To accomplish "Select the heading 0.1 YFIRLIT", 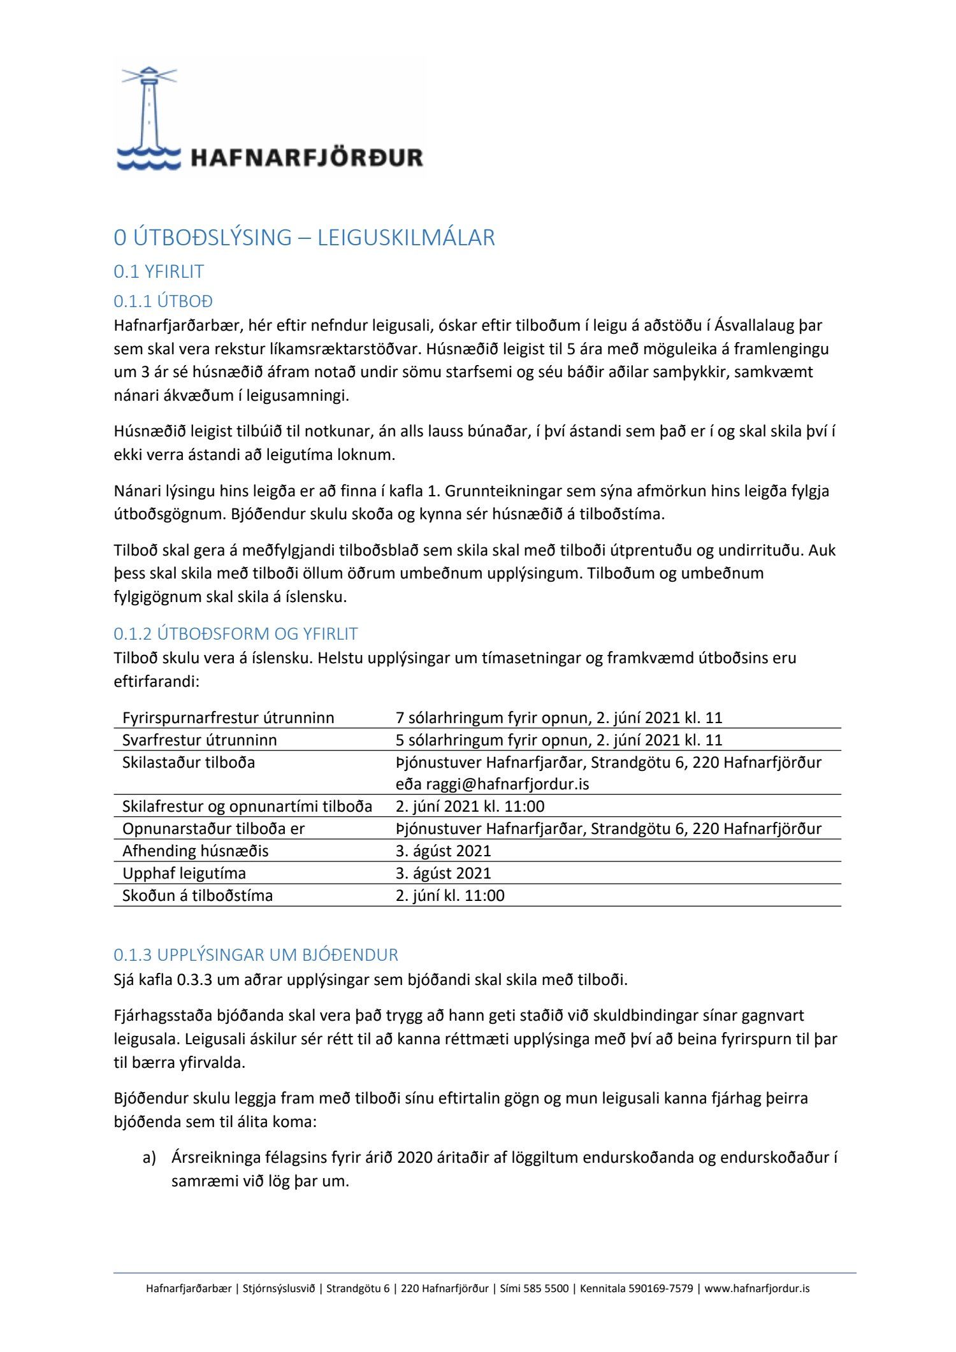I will click(159, 271).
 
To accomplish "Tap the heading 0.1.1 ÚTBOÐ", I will click(163, 301).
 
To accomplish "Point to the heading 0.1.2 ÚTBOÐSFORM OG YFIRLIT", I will click(236, 634).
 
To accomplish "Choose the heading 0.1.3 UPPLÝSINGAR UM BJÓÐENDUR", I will click(256, 955).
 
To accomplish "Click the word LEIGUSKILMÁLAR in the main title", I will click(406, 238).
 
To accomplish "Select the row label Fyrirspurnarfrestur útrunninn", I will click(228, 718).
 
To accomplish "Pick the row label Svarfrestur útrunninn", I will click(199, 740).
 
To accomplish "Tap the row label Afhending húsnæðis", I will click(196, 851).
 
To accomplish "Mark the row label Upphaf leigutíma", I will click(184, 874).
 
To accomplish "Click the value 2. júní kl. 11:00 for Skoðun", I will click(450, 896).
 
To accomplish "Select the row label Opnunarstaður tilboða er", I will click(214, 829).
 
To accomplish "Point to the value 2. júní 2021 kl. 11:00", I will click(470, 807).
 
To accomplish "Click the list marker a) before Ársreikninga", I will click(149, 1158).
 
